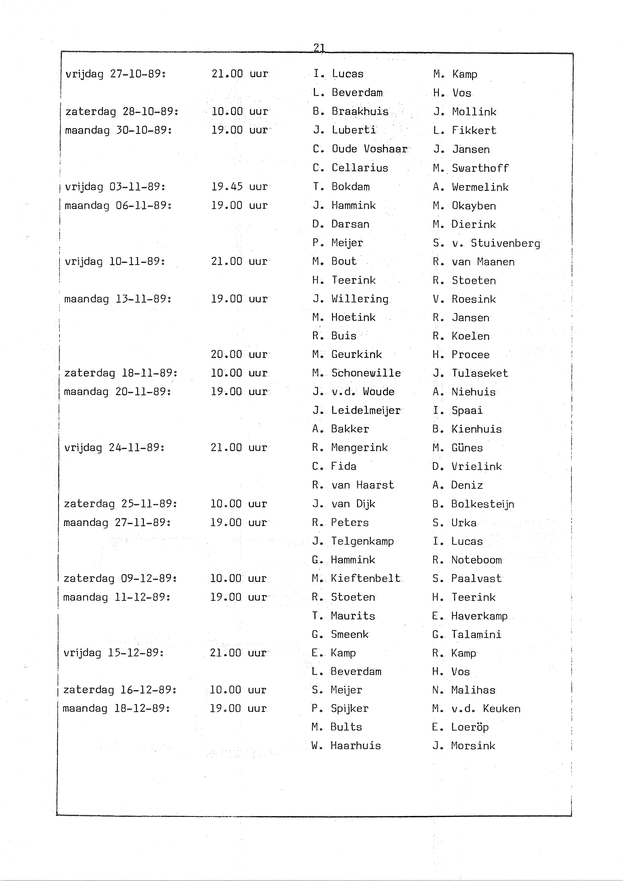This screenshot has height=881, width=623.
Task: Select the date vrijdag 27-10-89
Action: pos(115,74)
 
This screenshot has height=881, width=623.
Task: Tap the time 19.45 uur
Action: pos(239,186)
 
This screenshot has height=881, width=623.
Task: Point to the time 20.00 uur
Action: pos(239,354)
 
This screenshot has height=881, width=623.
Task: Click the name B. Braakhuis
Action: pos(350,111)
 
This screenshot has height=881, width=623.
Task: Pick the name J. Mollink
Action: pos(465,112)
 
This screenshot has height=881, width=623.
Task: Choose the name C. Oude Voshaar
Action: pos(360,149)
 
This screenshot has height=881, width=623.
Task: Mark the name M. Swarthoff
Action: pos(471,168)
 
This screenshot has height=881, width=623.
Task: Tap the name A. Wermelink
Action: pos(471,187)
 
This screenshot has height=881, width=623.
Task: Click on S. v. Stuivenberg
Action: pos(486,243)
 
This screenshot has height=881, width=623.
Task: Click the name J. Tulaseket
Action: pos(470,373)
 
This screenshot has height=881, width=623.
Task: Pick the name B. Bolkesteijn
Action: pos(473,504)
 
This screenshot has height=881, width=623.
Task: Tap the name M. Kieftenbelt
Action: pos(356,578)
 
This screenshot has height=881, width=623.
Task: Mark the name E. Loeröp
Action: pos(460,727)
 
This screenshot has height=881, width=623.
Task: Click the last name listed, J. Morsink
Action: pos(464,746)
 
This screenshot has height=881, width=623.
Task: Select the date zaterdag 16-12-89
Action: pos(120,690)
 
